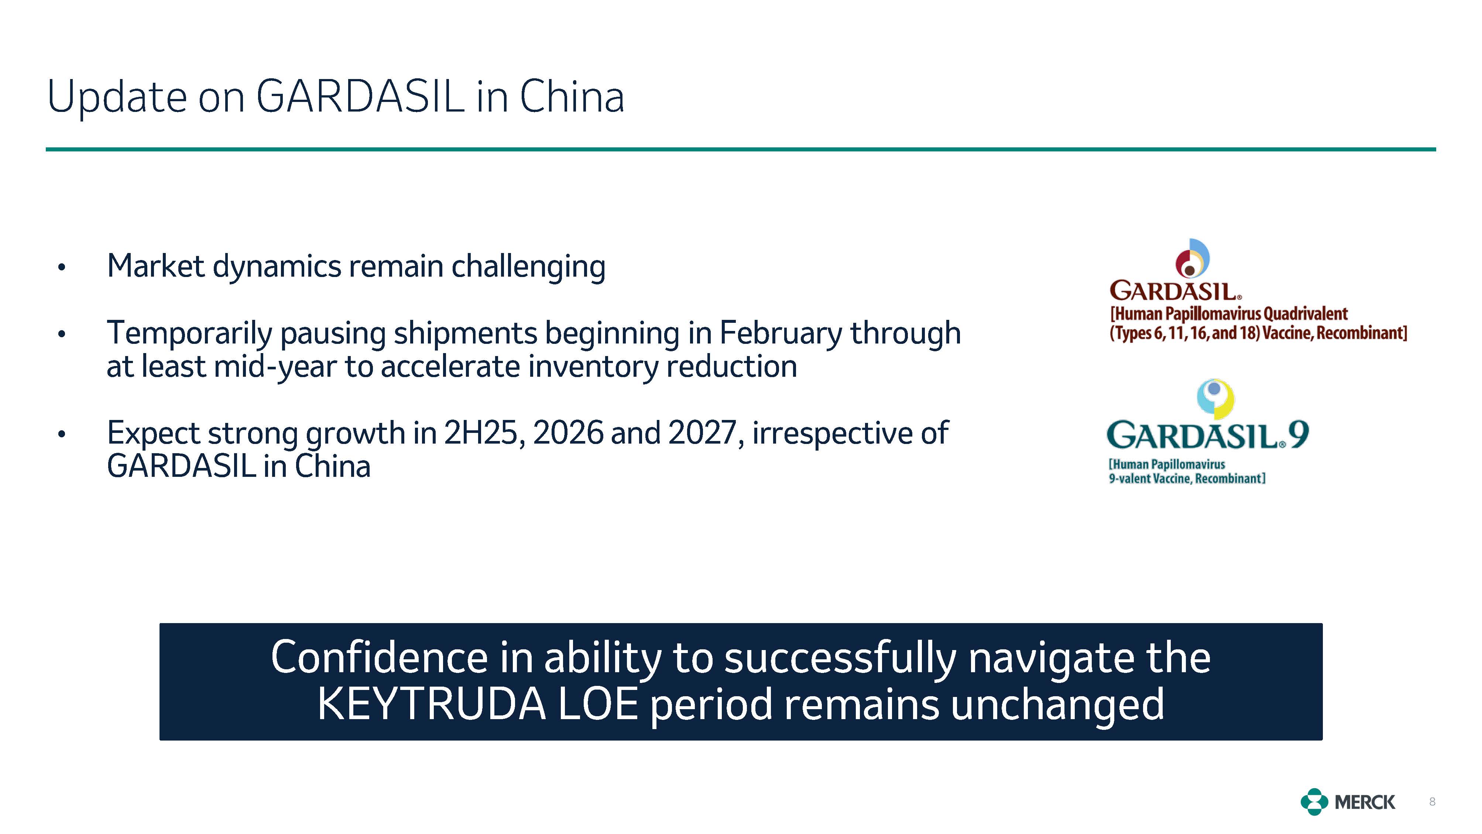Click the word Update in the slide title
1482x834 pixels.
(117, 97)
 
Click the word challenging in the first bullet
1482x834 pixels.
(528, 267)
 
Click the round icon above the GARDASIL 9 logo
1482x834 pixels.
(1216, 398)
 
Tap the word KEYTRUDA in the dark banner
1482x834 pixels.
(432, 704)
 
